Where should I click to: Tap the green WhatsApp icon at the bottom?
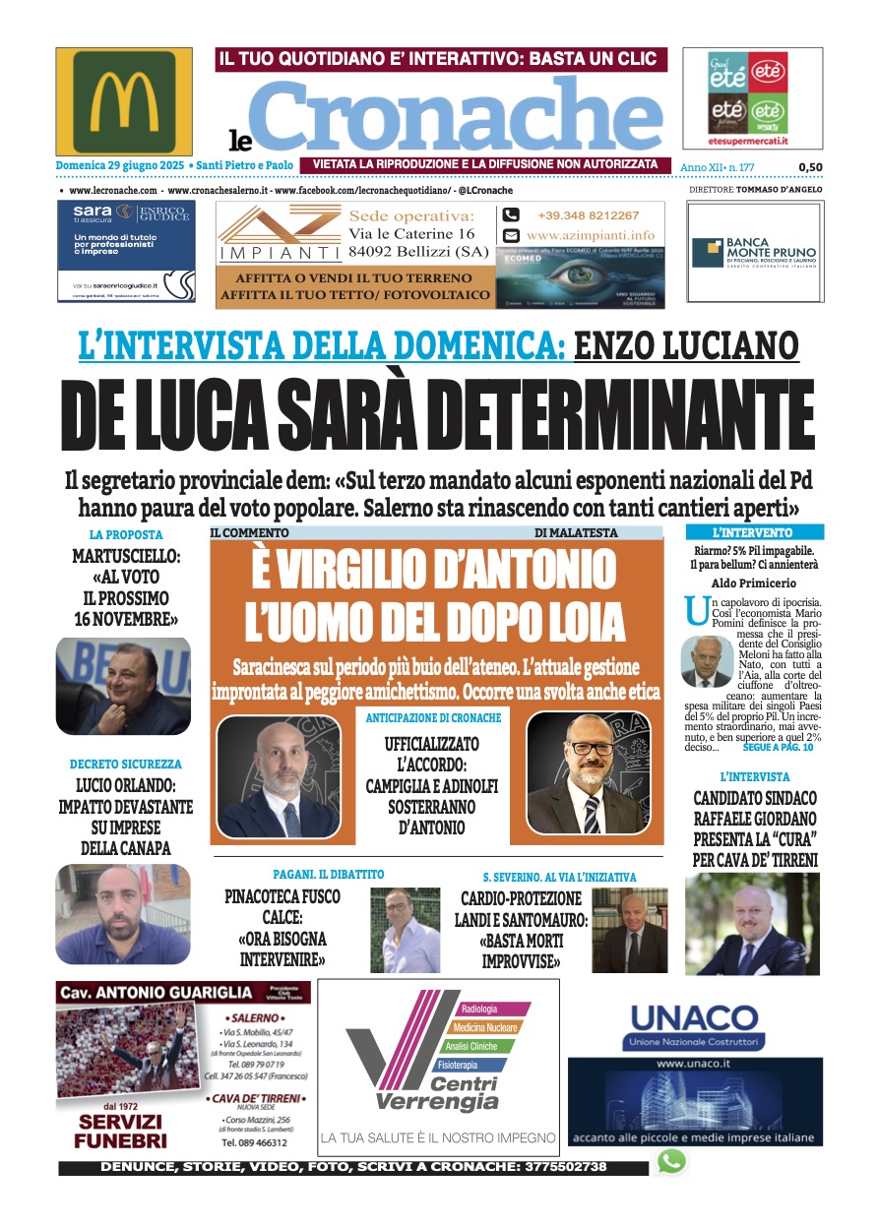pyautogui.click(x=671, y=1162)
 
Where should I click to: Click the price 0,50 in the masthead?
pyautogui.click(x=810, y=167)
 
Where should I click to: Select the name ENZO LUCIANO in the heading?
pyautogui.click(x=686, y=346)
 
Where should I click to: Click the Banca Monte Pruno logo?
pyautogui.click(x=754, y=253)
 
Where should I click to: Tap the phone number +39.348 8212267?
pyautogui.click(x=588, y=215)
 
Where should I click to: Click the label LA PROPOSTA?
pyautogui.click(x=126, y=535)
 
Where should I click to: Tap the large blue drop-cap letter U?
pyautogui.click(x=696, y=611)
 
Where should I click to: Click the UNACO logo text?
pyautogui.click(x=694, y=1016)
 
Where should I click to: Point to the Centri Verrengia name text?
pyautogui.click(x=437, y=1093)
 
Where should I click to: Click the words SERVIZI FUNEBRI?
pyautogui.click(x=121, y=1133)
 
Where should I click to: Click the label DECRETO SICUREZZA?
pyautogui.click(x=126, y=764)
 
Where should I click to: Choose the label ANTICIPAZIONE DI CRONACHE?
pyautogui.click(x=433, y=718)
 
